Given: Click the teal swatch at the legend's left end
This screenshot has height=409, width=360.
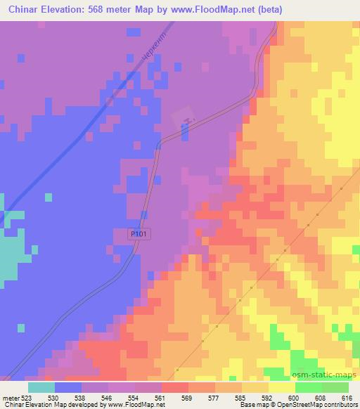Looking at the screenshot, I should click(x=41, y=387).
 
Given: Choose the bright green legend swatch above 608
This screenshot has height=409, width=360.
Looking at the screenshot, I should click(x=308, y=387).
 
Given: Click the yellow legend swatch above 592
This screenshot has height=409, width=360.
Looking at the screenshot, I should click(x=255, y=387).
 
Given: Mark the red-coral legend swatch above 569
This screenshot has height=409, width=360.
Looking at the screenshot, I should click(x=174, y=387).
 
